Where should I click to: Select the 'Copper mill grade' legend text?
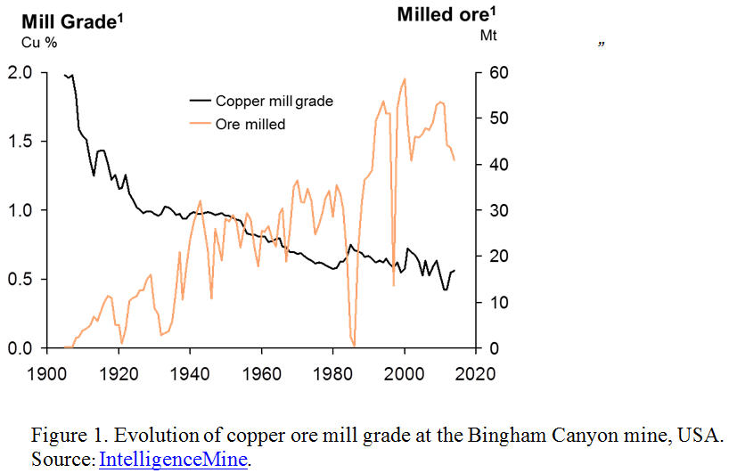[x=274, y=101]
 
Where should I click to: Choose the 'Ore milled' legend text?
[x=250, y=124]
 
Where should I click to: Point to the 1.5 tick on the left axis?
[x=20, y=141]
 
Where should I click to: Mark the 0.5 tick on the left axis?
[x=20, y=279]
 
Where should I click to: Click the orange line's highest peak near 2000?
[x=405, y=79]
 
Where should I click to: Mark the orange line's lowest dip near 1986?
[x=354, y=346]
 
